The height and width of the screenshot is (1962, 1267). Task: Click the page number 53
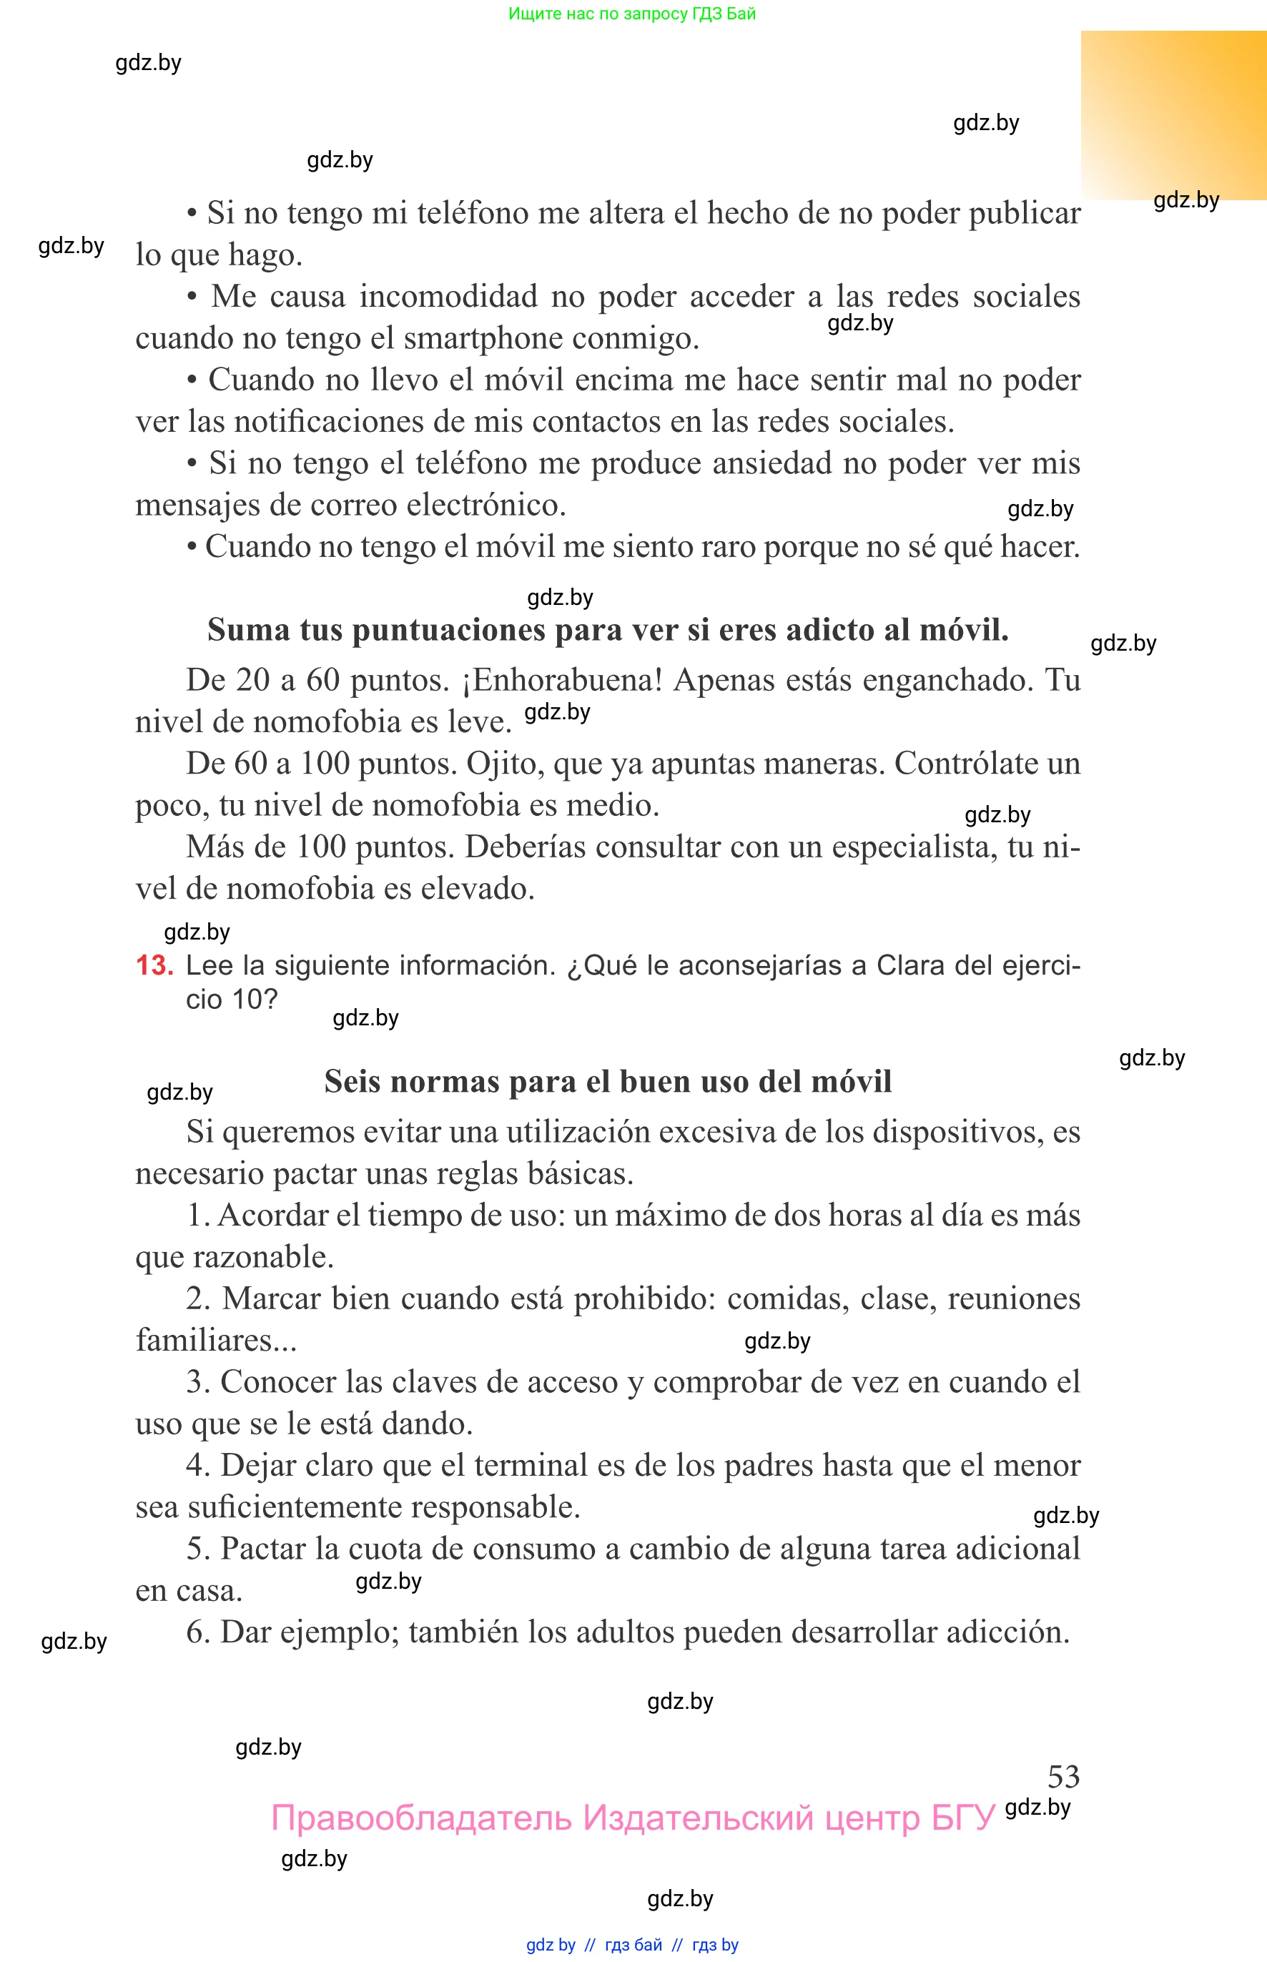coord(1063,1776)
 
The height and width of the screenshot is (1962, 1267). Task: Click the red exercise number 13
coord(154,965)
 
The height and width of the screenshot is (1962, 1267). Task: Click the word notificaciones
coord(329,421)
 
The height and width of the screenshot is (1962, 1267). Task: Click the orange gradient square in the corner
coord(1173,115)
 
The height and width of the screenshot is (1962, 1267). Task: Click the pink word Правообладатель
coord(421,1818)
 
